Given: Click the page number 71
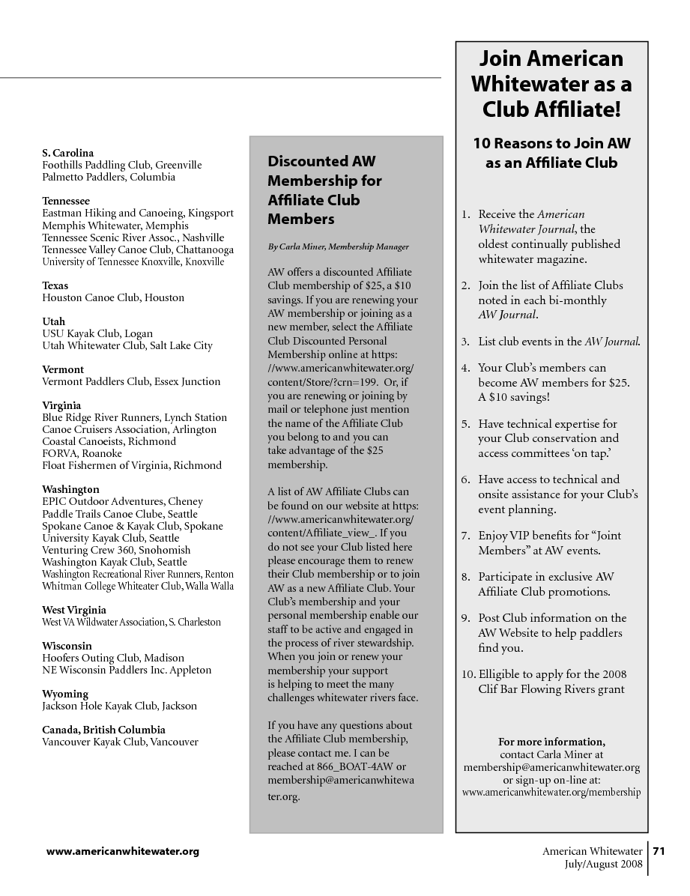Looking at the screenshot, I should (659, 851).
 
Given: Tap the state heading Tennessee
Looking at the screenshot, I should (66, 201).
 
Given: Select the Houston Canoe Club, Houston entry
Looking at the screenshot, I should (113, 297).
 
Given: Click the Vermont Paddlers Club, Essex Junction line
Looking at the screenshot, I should (131, 381).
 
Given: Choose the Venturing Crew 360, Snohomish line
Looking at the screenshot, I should (116, 550).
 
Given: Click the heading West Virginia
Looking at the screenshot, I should (74, 610).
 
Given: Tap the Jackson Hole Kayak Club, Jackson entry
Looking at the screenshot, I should (120, 706).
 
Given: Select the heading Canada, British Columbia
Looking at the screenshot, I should (103, 730).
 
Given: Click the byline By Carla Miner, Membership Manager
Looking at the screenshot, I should (338, 246).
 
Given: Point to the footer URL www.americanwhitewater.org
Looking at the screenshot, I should (123, 851).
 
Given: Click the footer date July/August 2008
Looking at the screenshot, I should (603, 864).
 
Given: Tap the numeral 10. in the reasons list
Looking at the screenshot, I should (469, 674).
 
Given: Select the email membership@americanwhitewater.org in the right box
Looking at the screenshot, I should (551, 767).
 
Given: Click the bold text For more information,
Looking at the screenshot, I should (551, 742).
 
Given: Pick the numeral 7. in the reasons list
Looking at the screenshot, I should (465, 536).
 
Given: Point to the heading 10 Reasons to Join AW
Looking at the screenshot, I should (551, 142).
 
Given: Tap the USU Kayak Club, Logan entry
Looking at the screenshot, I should (97, 333).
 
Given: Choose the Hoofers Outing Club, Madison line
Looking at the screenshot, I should (113, 658).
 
